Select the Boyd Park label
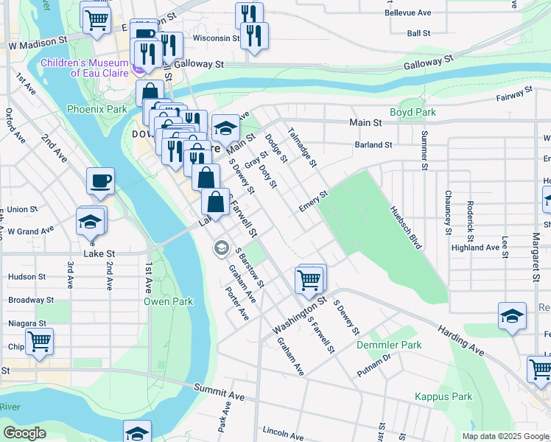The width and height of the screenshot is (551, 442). click(413, 113)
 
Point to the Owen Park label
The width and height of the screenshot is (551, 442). click(168, 301)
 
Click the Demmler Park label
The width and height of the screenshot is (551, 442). click(389, 345)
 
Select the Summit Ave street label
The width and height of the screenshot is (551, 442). click(219, 390)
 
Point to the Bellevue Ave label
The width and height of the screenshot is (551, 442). click(408, 13)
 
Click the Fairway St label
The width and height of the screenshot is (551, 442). click(513, 94)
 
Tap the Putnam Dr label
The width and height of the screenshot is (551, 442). click(375, 362)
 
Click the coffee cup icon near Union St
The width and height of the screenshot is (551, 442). click(100, 180)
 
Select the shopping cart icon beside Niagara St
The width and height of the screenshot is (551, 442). click(39, 340)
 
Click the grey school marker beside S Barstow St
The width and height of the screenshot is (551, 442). click(220, 248)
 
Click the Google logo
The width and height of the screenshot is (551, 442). click(24, 433)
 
